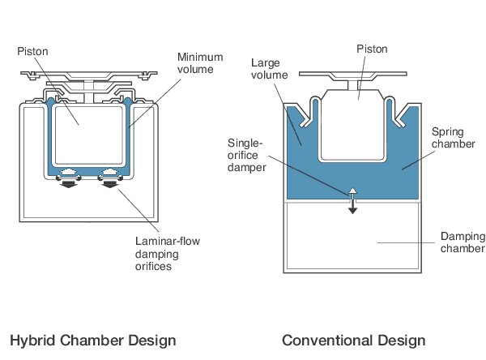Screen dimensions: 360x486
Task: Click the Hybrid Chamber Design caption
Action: [x=92, y=340]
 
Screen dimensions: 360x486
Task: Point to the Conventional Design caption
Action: [x=353, y=340]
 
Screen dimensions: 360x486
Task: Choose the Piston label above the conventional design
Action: [x=373, y=48]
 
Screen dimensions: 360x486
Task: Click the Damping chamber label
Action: [x=463, y=242]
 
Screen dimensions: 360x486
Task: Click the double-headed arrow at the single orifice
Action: [x=352, y=199]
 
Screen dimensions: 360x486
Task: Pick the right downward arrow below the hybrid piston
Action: [x=110, y=184]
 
